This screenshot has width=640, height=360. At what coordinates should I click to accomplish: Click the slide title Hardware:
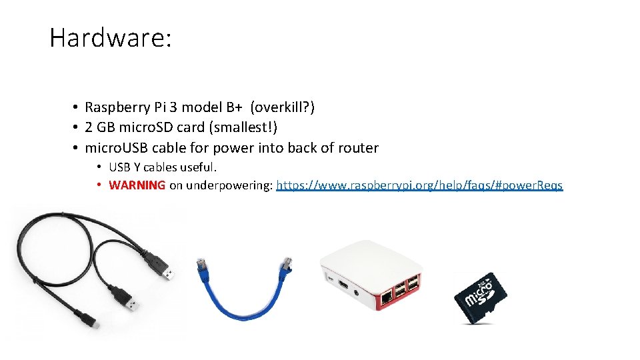pyautogui.click(x=111, y=37)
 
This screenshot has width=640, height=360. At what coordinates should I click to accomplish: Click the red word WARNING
pyautogui.click(x=137, y=185)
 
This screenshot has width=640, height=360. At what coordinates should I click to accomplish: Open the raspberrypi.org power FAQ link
pyautogui.click(x=419, y=185)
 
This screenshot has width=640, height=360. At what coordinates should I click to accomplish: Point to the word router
pyautogui.click(x=357, y=147)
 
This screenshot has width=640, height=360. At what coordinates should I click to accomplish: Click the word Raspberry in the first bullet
pyautogui.click(x=117, y=107)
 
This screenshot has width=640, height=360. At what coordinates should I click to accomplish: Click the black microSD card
pyautogui.click(x=481, y=297)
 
